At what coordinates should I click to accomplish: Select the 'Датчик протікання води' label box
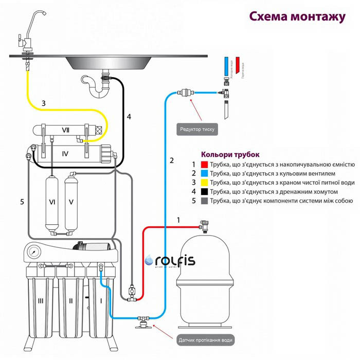pyautogui.click(x=209, y=340)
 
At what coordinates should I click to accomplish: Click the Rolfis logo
pyautogui.click(x=170, y=261)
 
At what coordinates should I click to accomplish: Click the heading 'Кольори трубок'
pyautogui.click(x=230, y=154)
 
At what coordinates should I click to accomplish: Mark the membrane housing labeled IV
pyautogui.click(x=65, y=153)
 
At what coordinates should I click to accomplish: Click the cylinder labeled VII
pyautogui.click(x=65, y=130)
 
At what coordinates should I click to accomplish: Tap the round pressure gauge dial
pyautogui.click(x=35, y=254)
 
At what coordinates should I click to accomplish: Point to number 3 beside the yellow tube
pyautogui.click(x=44, y=103)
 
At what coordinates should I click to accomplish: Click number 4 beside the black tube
pyautogui.click(x=129, y=117)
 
